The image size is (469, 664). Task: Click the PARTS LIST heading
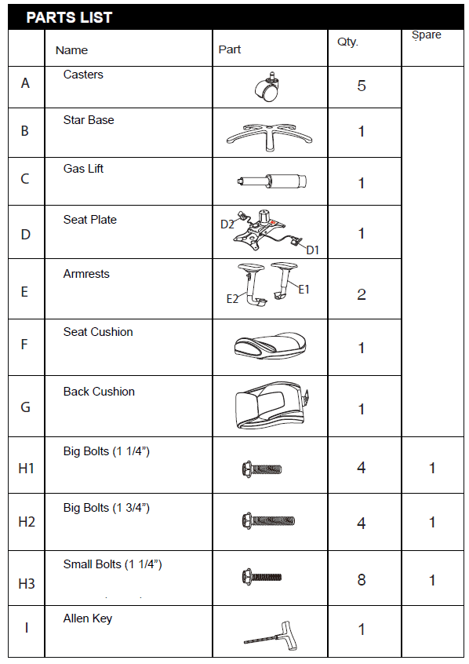[x=69, y=17]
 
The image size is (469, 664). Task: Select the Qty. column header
[x=347, y=42]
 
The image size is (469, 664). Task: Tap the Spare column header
[x=426, y=35]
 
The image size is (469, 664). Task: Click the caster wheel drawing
[x=268, y=86]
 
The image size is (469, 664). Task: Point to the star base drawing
[x=270, y=137]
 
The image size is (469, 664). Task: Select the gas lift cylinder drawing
[x=271, y=181]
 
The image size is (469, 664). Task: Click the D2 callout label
[x=227, y=224]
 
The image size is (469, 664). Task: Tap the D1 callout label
[x=312, y=250]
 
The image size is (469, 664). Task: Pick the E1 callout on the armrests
[x=304, y=290]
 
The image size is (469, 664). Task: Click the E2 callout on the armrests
[x=232, y=299]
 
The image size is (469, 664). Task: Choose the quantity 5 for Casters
[x=361, y=86]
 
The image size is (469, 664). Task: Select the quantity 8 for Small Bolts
[x=361, y=579]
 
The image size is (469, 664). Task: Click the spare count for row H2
[x=432, y=522]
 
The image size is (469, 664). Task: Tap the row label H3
[x=26, y=583]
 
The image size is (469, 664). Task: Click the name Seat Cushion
[x=98, y=332]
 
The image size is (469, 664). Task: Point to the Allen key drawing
[x=271, y=635]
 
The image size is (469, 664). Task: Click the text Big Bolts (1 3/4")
[x=106, y=508]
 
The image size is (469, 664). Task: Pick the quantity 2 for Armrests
[x=361, y=294]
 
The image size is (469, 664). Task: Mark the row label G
[x=25, y=407]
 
